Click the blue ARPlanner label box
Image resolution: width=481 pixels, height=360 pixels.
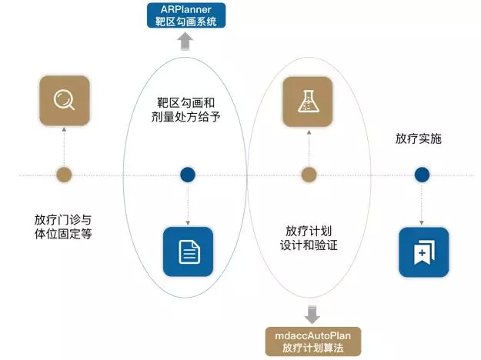pyautogui.click(x=186, y=15)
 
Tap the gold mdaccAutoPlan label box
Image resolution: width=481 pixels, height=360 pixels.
pyautogui.click(x=313, y=342)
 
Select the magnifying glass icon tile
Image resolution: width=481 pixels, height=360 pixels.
pyautogui.click(x=65, y=100)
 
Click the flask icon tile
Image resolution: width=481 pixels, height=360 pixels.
pyautogui.click(x=308, y=102)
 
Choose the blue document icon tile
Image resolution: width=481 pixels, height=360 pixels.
pyautogui.click(x=188, y=252)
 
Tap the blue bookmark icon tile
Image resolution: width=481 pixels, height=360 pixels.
pyautogui.click(x=423, y=252)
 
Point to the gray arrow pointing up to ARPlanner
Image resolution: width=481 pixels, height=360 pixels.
pyautogui.click(x=185, y=41)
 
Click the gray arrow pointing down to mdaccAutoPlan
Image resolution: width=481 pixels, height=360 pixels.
pyautogui.click(x=312, y=315)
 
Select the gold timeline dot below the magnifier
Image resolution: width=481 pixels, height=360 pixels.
pyautogui.click(x=64, y=175)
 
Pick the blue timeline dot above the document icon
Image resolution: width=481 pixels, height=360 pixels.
pyautogui.click(x=188, y=175)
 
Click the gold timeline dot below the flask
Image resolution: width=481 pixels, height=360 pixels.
pyautogui.click(x=309, y=175)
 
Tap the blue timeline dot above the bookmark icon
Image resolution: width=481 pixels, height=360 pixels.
pyautogui.click(x=422, y=175)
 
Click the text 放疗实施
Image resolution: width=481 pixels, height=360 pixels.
pyautogui.click(x=419, y=138)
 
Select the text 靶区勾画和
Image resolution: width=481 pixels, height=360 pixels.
pyautogui.click(x=186, y=103)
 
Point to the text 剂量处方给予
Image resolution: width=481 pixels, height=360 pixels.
pyautogui.click(x=186, y=117)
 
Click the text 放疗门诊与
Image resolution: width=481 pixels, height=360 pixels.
pyautogui.click(x=63, y=220)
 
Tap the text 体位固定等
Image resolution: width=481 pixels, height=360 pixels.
pyautogui.click(x=63, y=234)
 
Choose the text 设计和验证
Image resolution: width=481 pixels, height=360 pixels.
pyautogui.click(x=309, y=245)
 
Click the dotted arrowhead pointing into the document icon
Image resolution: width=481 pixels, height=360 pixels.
pyautogui.click(x=188, y=223)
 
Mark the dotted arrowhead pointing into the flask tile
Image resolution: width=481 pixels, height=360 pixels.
pyautogui.click(x=309, y=132)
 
